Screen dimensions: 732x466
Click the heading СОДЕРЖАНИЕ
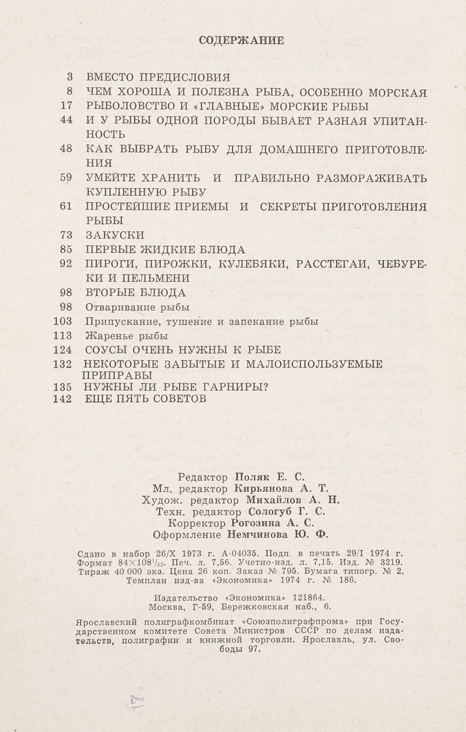[242, 41]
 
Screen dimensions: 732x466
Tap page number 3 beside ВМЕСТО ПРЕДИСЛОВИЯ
[70, 77]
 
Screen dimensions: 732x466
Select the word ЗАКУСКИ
[115, 235]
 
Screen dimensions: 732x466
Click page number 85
[67, 249]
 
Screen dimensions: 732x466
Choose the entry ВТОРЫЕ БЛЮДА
[136, 292]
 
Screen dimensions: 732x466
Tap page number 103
[64, 321]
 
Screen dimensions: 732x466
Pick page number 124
[64, 350]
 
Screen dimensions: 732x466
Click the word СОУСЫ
[106, 350]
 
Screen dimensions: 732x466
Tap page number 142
[64, 399]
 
